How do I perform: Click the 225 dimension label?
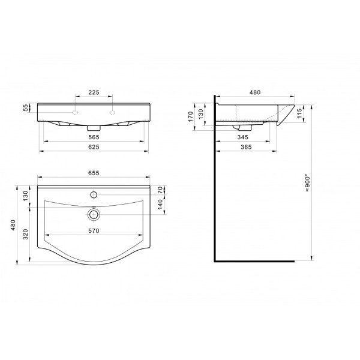point(94,92)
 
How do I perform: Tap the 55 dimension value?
point(26,107)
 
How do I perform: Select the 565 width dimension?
point(94,137)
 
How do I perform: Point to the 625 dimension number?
point(94,147)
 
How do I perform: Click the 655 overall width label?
point(94,173)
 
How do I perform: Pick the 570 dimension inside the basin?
point(94,231)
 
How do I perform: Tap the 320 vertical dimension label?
point(26,234)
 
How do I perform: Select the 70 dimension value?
point(160,190)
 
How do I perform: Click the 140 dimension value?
point(160,205)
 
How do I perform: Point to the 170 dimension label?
point(190,116)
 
